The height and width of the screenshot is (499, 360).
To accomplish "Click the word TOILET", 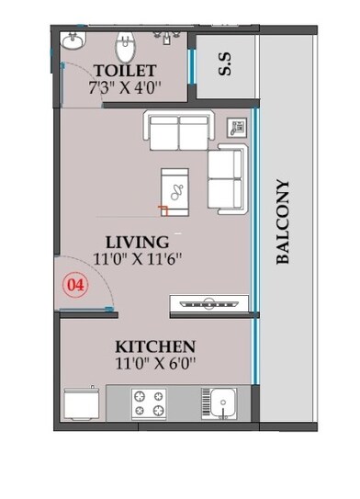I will [x=124, y=71].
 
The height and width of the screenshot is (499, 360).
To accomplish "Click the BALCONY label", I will [x=283, y=222].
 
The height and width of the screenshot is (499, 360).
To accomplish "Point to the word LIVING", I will [x=136, y=241].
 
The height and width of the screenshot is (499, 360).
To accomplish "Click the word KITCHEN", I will [x=155, y=346].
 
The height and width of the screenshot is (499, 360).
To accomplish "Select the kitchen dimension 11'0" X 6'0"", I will [x=155, y=364].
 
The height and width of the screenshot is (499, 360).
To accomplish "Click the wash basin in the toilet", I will [x=73, y=41].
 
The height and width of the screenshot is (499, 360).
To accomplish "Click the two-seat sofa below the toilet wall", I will [x=178, y=131].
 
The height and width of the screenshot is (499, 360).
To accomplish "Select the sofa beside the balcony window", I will [x=226, y=177].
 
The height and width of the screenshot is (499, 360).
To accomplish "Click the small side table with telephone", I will [x=237, y=128].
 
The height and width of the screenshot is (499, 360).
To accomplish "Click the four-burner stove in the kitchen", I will [x=150, y=403].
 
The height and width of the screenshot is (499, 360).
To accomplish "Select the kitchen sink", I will [x=220, y=403].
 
